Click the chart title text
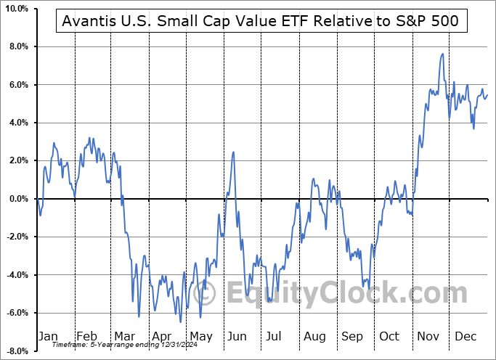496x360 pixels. pos(261,21)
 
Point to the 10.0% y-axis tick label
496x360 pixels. pos(16,9)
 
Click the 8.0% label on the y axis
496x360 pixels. pos(18,46)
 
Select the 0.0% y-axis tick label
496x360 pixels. pos(18,199)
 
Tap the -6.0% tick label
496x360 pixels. pos(17,313)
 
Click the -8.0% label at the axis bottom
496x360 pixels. pos(17,351)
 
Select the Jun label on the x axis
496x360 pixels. pos(237,337)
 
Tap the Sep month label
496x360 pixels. pos(351,337)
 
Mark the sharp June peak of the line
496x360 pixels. pos(233,152)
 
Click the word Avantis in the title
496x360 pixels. pos(88,21)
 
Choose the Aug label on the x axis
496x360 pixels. pos(314,337)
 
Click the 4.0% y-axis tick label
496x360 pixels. pos(18,123)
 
